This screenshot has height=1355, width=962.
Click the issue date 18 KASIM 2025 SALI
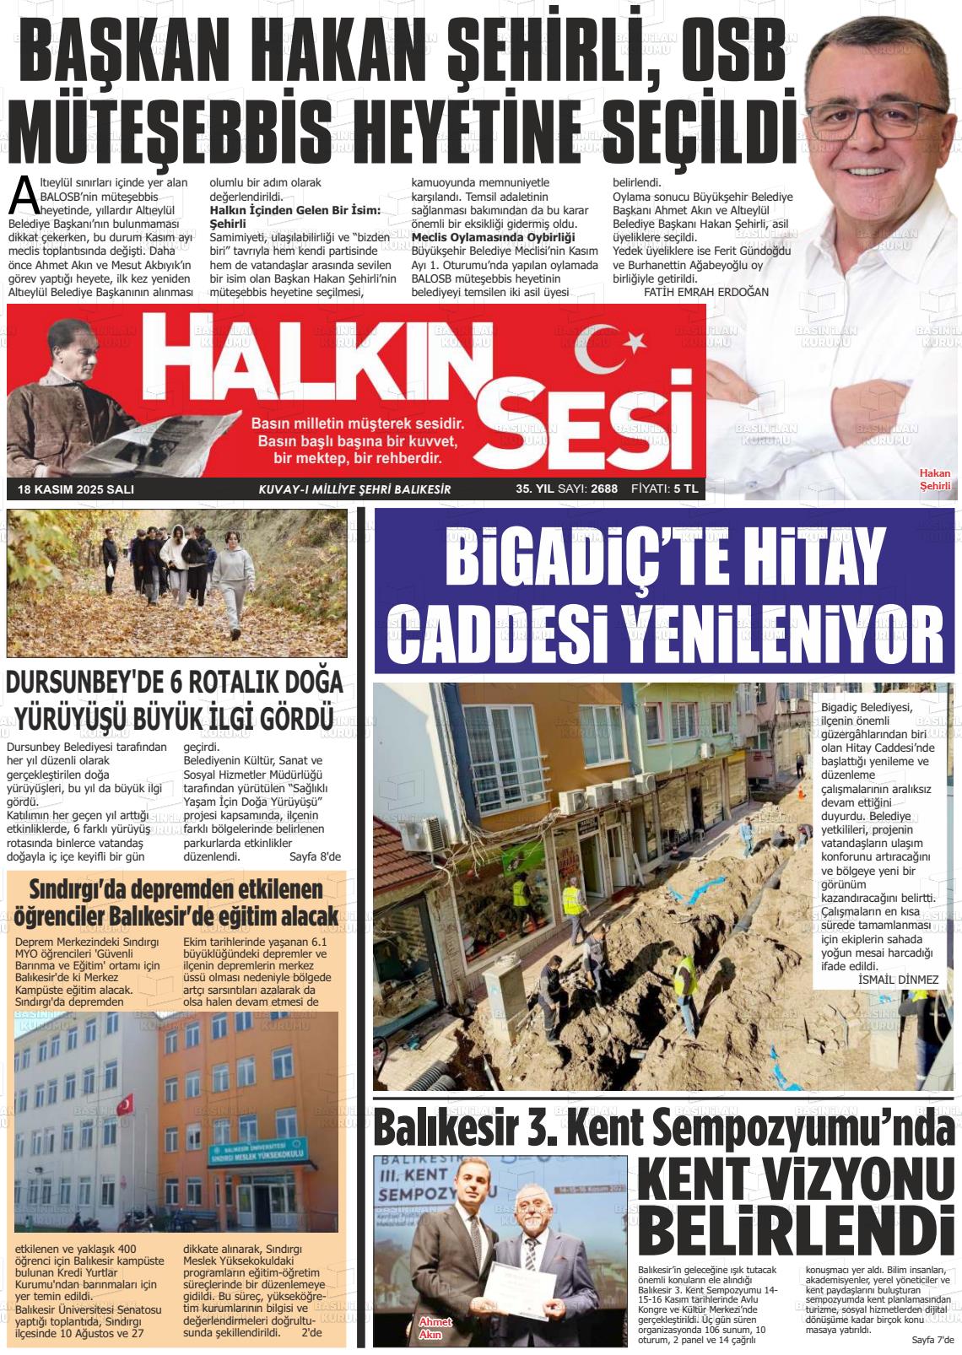click(76, 489)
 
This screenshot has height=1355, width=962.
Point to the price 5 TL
click(685, 489)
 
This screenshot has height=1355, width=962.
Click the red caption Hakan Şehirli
click(934, 479)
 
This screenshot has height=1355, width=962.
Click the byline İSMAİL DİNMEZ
click(897, 979)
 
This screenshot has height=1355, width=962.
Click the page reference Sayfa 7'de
click(932, 1339)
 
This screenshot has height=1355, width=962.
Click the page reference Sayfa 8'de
click(315, 856)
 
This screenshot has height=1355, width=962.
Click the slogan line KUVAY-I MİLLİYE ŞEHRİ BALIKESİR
click(354, 489)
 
